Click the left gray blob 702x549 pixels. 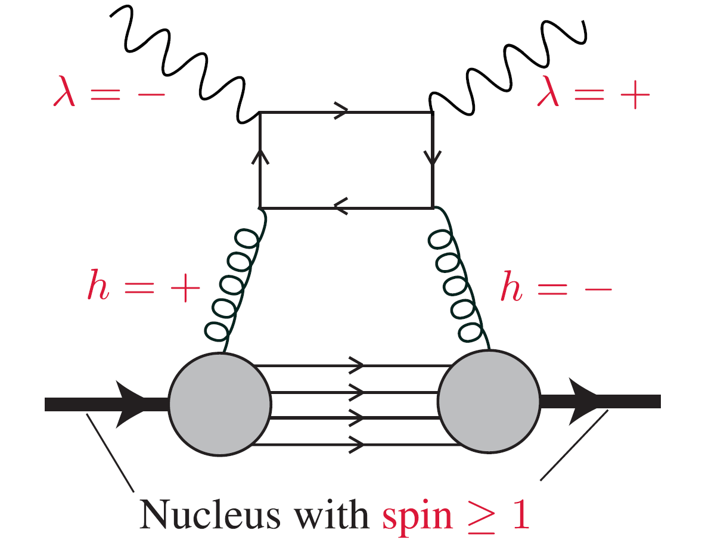[220, 404]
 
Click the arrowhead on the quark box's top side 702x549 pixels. [341, 111]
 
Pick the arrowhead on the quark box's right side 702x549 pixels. [432, 157]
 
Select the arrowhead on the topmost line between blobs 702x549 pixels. [356, 364]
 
